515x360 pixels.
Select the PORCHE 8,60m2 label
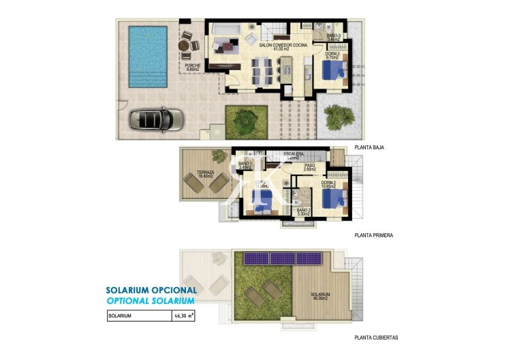192,67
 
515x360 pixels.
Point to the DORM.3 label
332,56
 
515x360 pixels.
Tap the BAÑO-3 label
334,36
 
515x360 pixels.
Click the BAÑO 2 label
303,212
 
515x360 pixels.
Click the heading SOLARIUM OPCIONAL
151,290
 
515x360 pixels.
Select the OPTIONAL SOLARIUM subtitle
151,300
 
